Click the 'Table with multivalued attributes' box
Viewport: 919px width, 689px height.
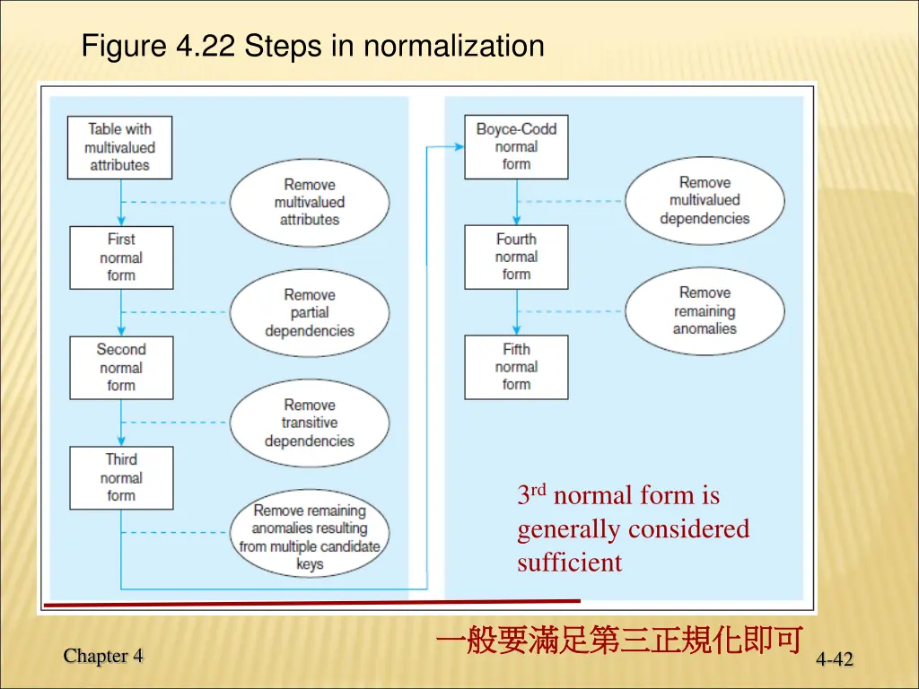coord(120,147)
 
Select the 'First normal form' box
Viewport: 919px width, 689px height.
coord(121,257)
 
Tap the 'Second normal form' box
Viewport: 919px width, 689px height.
coord(121,368)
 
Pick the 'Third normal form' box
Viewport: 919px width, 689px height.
coord(121,477)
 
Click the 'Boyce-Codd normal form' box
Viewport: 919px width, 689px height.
coord(516,146)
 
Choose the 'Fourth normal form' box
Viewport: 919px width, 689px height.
coord(516,257)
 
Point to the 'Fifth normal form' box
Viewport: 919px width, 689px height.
coord(516,367)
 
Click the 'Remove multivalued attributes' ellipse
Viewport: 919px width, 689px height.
coord(310,202)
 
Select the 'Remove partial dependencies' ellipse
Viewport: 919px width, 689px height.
coord(310,312)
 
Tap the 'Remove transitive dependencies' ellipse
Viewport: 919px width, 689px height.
coord(310,423)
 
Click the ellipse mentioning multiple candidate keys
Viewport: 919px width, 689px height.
coord(310,536)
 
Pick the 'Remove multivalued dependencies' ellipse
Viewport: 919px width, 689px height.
coord(705,200)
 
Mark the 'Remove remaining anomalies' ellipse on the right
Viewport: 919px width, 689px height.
coord(705,310)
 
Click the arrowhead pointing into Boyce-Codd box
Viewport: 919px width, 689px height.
coord(459,147)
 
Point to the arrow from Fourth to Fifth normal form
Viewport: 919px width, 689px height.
coord(516,312)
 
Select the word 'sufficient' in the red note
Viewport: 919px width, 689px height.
coord(569,563)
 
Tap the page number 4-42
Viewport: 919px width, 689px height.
coord(835,660)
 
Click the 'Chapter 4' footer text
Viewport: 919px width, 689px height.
coord(103,656)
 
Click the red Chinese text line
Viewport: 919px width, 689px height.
coord(617,641)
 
